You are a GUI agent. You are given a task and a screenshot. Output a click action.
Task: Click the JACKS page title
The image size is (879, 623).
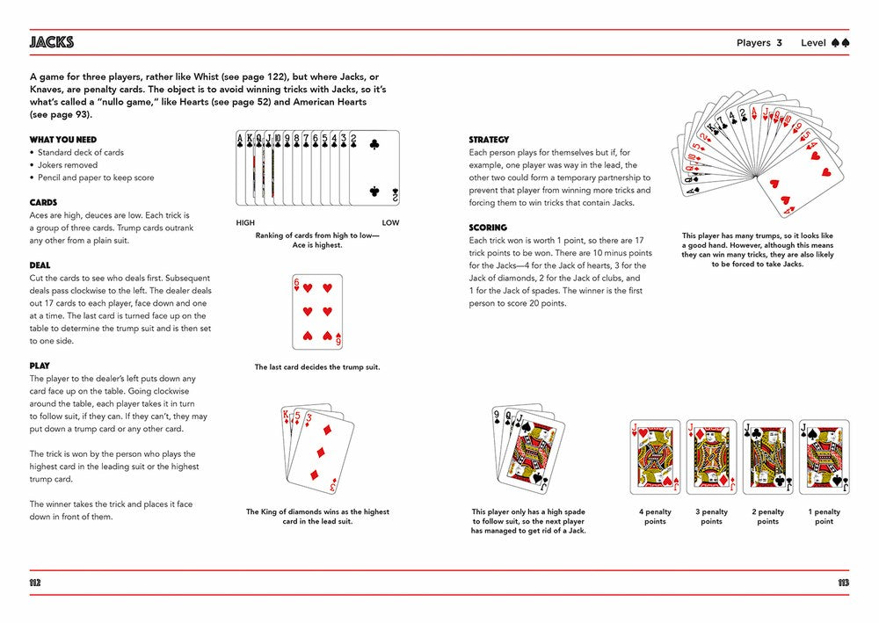(52, 42)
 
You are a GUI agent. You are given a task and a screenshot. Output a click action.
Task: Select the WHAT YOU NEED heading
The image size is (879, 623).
(63, 140)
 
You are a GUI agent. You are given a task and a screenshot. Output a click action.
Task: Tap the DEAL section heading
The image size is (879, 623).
(40, 264)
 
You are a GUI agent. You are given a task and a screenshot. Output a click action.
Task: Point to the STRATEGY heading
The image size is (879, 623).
(489, 140)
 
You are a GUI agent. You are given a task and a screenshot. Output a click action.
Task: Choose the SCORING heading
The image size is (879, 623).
(488, 228)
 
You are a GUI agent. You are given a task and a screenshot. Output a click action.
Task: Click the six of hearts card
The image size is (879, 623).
(316, 311)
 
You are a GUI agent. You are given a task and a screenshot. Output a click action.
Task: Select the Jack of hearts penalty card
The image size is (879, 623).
(656, 457)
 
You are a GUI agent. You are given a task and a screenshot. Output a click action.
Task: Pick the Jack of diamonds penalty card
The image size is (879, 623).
(711, 457)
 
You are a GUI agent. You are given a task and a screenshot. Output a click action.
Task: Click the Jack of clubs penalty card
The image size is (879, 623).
(767, 457)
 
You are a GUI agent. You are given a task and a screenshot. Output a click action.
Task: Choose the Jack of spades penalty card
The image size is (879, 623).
(824, 457)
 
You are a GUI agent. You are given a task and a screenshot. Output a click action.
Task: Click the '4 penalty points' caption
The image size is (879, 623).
(655, 517)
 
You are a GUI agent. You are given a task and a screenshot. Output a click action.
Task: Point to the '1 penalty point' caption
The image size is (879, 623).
(824, 517)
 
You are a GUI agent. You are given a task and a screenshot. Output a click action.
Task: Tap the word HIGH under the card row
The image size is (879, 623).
(245, 223)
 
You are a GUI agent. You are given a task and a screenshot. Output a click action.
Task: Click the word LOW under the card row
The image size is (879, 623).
(389, 223)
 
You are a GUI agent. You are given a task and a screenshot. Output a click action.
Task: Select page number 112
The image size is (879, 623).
(36, 583)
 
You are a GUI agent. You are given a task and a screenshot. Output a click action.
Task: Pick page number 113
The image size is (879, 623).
(843, 583)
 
